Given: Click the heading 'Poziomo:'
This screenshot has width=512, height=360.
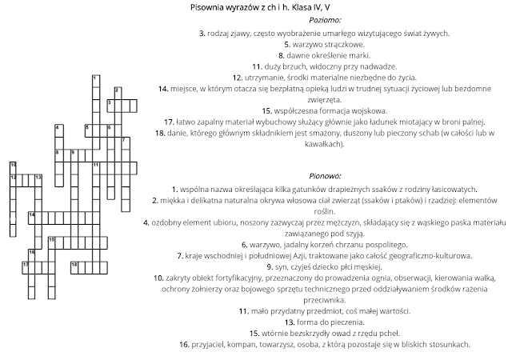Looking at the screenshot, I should pyautogui.click(x=323, y=20).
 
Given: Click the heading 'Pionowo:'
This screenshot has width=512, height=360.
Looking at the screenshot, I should pyautogui.click(x=324, y=175).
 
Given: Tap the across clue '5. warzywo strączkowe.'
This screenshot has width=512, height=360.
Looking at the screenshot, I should pyautogui.click(x=324, y=44).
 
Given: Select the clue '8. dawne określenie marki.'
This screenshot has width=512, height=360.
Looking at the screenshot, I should pyautogui.click(x=324, y=56).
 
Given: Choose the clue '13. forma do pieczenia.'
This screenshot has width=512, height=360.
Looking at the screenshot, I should pyautogui.click(x=324, y=322).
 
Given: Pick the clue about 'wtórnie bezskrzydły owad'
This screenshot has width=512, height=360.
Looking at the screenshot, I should pyautogui.click(x=324, y=333).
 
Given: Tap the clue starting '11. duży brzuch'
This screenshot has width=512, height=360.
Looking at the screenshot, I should pyautogui.click(x=324, y=67).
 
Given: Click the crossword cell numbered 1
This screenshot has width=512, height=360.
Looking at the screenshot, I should pyautogui.click(x=95, y=78).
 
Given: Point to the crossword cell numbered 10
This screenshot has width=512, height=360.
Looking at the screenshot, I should pyautogui.click(x=14, y=166).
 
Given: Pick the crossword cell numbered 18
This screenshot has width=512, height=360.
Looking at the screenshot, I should pyautogui.click(x=74, y=264).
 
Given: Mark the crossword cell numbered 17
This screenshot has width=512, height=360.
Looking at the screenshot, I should pyautogui.click(x=26, y=264).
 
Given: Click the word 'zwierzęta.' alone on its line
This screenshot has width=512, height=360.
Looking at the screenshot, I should pyautogui.click(x=324, y=100).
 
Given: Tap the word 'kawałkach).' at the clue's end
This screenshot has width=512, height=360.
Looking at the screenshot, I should pyautogui.click(x=324, y=145).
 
